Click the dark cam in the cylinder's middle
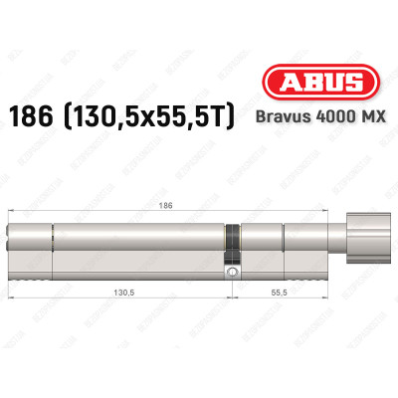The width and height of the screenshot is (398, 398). (232, 239)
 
